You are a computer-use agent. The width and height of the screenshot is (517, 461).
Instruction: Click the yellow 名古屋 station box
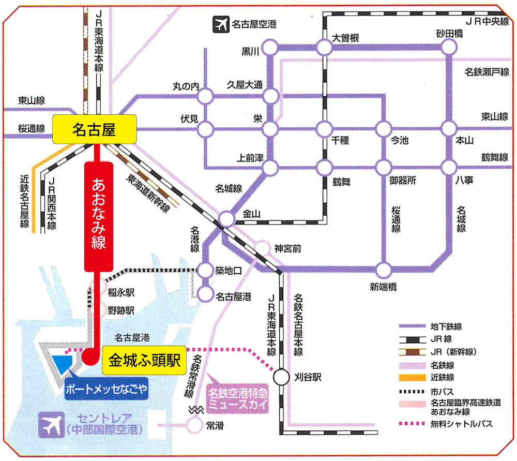point(94,129)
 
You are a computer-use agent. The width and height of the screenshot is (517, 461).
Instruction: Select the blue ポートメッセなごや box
point(107,389)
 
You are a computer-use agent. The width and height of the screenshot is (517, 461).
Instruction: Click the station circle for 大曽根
point(324,48)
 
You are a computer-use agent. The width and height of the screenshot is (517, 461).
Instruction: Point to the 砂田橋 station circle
point(449,48)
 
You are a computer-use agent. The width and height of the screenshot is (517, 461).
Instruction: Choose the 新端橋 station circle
point(384,270)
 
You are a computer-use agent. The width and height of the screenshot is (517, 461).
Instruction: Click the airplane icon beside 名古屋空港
point(221,24)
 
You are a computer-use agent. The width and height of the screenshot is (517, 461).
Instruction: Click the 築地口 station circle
point(206,270)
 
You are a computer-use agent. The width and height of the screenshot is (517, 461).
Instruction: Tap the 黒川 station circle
point(269,49)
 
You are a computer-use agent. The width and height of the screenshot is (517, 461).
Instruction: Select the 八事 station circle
point(449,167)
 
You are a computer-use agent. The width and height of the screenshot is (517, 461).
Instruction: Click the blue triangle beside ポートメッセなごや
point(64,362)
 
